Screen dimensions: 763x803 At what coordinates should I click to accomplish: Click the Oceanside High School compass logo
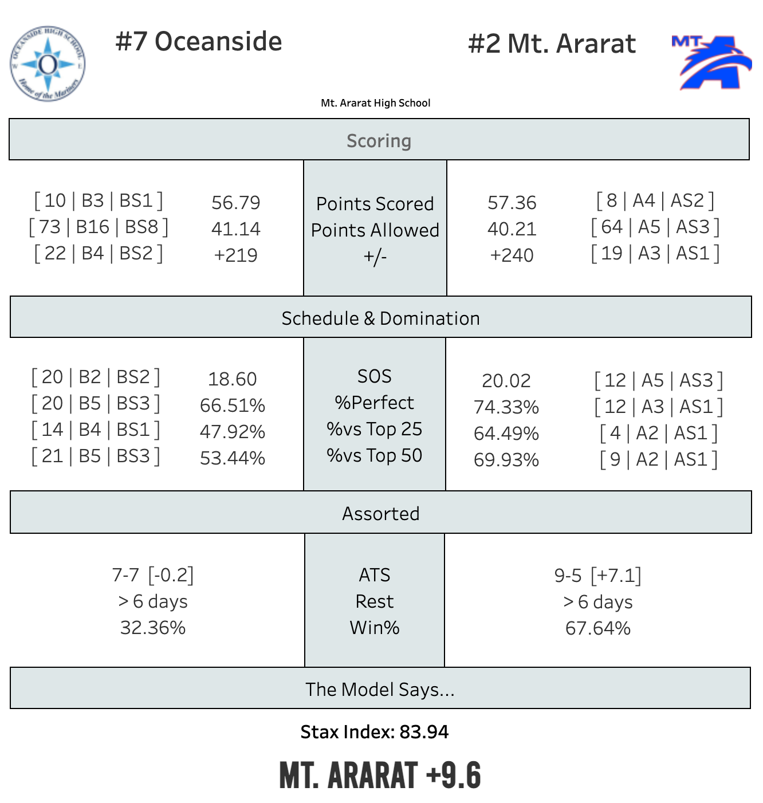48,64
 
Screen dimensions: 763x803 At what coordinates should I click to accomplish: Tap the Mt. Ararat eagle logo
711,62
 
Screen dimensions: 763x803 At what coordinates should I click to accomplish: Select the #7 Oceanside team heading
199,42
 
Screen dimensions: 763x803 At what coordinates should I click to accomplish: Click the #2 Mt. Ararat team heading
552,44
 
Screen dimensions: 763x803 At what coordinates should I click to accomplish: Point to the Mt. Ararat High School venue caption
375,103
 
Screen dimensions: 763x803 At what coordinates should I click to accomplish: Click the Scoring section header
379,140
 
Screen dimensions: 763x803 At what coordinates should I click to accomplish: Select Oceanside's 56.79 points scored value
235,202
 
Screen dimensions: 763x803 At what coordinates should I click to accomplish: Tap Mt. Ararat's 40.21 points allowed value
512,229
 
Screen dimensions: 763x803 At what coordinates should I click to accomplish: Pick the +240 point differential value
512,255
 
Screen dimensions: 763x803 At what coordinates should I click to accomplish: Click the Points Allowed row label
375,230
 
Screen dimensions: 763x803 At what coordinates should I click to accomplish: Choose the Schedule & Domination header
380,318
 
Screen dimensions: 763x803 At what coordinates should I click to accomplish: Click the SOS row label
375,376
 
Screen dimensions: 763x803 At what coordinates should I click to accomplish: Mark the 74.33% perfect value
506,407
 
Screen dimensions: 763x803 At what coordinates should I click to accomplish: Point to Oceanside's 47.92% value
232,432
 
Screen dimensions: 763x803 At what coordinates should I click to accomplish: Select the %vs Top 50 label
375,455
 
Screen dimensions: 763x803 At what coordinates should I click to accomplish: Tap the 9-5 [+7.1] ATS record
597,575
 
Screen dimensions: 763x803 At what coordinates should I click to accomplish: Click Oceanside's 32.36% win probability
152,628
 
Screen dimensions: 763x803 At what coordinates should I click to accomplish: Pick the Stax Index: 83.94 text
375,732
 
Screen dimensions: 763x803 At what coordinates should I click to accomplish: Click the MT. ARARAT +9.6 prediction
380,776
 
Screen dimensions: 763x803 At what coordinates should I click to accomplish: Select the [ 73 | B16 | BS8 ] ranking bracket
99,227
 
